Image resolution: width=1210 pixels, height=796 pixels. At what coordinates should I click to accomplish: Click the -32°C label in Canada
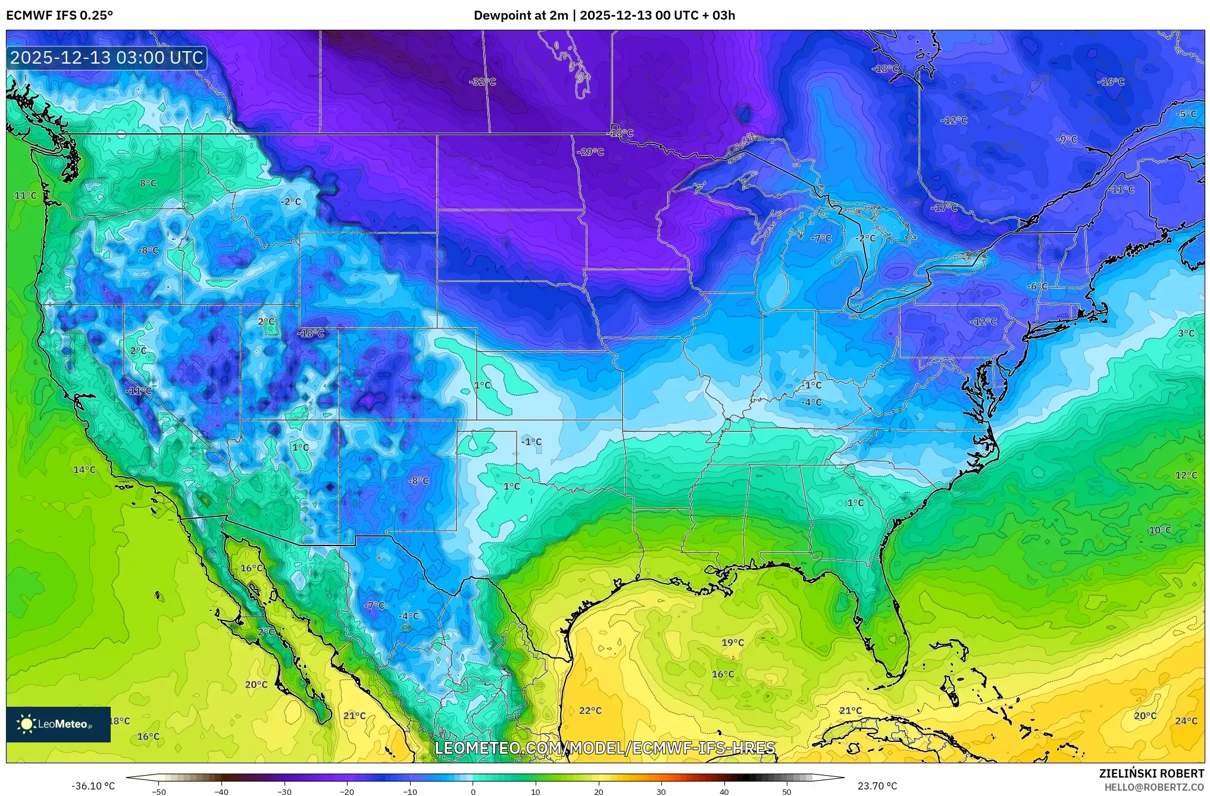pyautogui.click(x=482, y=82)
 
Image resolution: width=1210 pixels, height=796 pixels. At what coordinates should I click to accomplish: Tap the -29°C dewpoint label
pyautogui.click(x=590, y=152)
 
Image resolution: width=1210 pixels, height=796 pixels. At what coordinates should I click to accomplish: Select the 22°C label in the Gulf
pyautogui.click(x=590, y=710)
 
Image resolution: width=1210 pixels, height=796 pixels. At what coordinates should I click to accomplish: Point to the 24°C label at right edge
pyautogui.click(x=1186, y=721)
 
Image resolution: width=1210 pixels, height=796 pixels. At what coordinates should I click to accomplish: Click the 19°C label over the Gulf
pyautogui.click(x=733, y=643)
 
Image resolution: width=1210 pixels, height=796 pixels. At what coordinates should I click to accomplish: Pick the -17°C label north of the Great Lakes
pyautogui.click(x=944, y=208)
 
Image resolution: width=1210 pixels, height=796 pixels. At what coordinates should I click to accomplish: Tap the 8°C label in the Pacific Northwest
pyautogui.click(x=148, y=183)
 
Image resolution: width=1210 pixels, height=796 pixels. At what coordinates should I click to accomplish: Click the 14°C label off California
pyautogui.click(x=84, y=470)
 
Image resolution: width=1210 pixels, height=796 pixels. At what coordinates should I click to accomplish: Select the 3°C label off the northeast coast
pyautogui.click(x=1186, y=334)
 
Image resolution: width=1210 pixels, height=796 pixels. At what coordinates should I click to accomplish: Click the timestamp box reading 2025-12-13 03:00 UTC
pyautogui.click(x=107, y=58)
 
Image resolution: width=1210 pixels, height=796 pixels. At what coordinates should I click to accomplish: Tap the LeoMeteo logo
pyautogui.click(x=58, y=724)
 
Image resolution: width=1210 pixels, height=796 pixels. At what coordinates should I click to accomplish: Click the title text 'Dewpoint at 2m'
pyautogui.click(x=521, y=15)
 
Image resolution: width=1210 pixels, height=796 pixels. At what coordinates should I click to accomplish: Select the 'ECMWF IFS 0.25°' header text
pyautogui.click(x=60, y=15)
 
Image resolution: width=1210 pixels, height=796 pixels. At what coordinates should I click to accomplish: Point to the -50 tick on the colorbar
pyautogui.click(x=159, y=792)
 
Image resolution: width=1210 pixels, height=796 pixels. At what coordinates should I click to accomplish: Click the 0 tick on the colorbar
pyautogui.click(x=473, y=792)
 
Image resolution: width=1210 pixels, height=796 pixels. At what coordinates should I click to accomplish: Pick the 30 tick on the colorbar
pyautogui.click(x=661, y=792)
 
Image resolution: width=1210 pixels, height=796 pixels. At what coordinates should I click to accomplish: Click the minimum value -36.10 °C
pyautogui.click(x=93, y=786)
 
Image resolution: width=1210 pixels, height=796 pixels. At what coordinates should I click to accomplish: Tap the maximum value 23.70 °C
pyautogui.click(x=877, y=786)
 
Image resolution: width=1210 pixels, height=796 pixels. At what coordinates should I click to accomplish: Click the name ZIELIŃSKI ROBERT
pyautogui.click(x=1151, y=773)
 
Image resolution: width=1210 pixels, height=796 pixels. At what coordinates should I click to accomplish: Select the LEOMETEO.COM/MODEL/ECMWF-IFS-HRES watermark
pyautogui.click(x=605, y=748)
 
